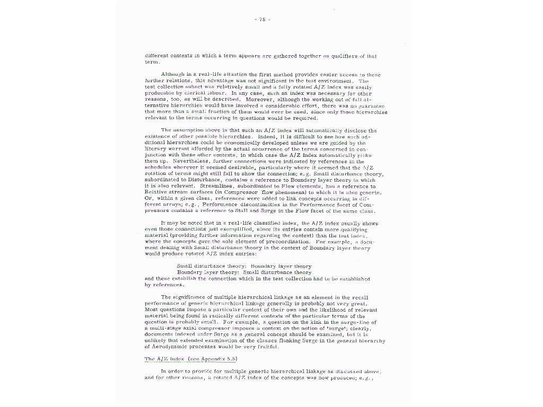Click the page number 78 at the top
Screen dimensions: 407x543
(x=262, y=20)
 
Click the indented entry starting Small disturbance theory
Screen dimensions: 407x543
(x=244, y=266)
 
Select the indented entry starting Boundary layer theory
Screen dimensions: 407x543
(x=244, y=272)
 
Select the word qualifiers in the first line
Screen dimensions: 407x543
(x=345, y=55)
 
